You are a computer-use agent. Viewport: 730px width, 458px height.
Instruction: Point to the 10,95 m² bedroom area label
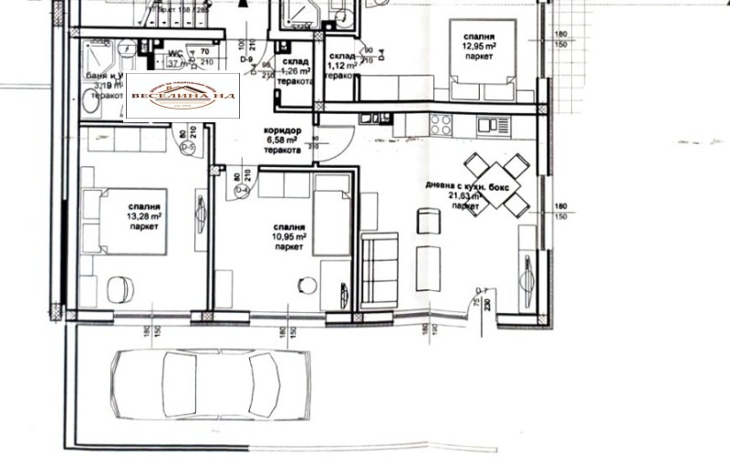tap(288, 236)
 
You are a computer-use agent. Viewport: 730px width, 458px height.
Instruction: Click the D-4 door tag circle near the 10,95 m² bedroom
tap(241, 190)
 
